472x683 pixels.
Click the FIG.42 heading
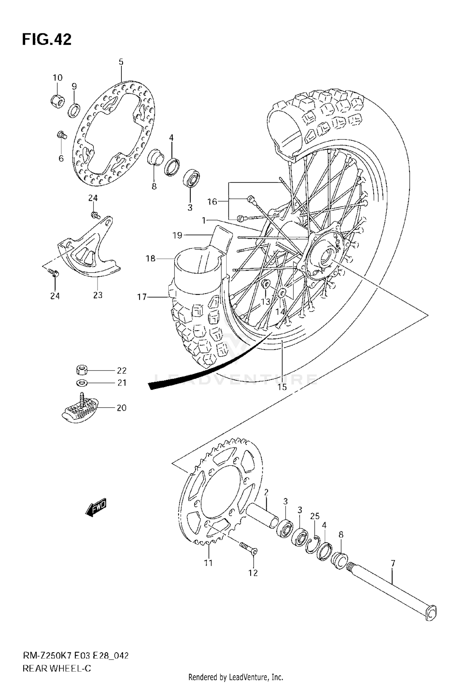[x=47, y=40]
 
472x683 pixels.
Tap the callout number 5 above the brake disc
[x=121, y=62]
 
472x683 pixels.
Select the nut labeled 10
[x=58, y=100]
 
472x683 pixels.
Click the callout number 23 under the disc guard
[x=98, y=295]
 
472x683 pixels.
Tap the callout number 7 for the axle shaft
[x=392, y=564]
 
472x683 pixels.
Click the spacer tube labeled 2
[x=262, y=518]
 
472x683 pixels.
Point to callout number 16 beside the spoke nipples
[x=212, y=202]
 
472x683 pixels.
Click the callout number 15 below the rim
[x=282, y=387]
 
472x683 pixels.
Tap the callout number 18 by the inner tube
[x=150, y=258]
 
